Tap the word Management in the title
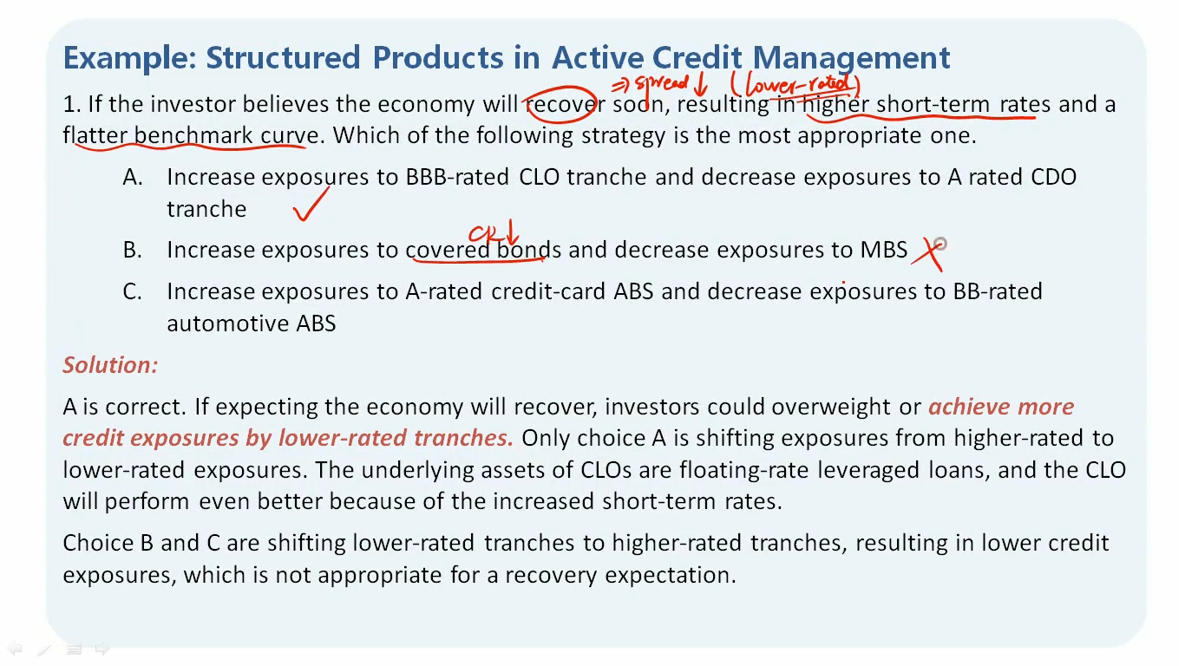(x=851, y=58)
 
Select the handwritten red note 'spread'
(x=662, y=83)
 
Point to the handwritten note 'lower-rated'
(x=798, y=85)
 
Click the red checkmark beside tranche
(x=311, y=204)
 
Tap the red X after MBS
(x=928, y=254)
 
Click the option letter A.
(x=133, y=177)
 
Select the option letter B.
(x=132, y=250)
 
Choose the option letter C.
(x=132, y=291)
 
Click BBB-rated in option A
(x=457, y=177)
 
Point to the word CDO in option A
(x=1053, y=177)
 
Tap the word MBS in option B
(x=883, y=250)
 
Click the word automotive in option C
(x=227, y=323)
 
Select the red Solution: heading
(x=110, y=365)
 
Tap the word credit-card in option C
(x=548, y=291)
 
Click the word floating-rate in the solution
(x=743, y=470)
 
